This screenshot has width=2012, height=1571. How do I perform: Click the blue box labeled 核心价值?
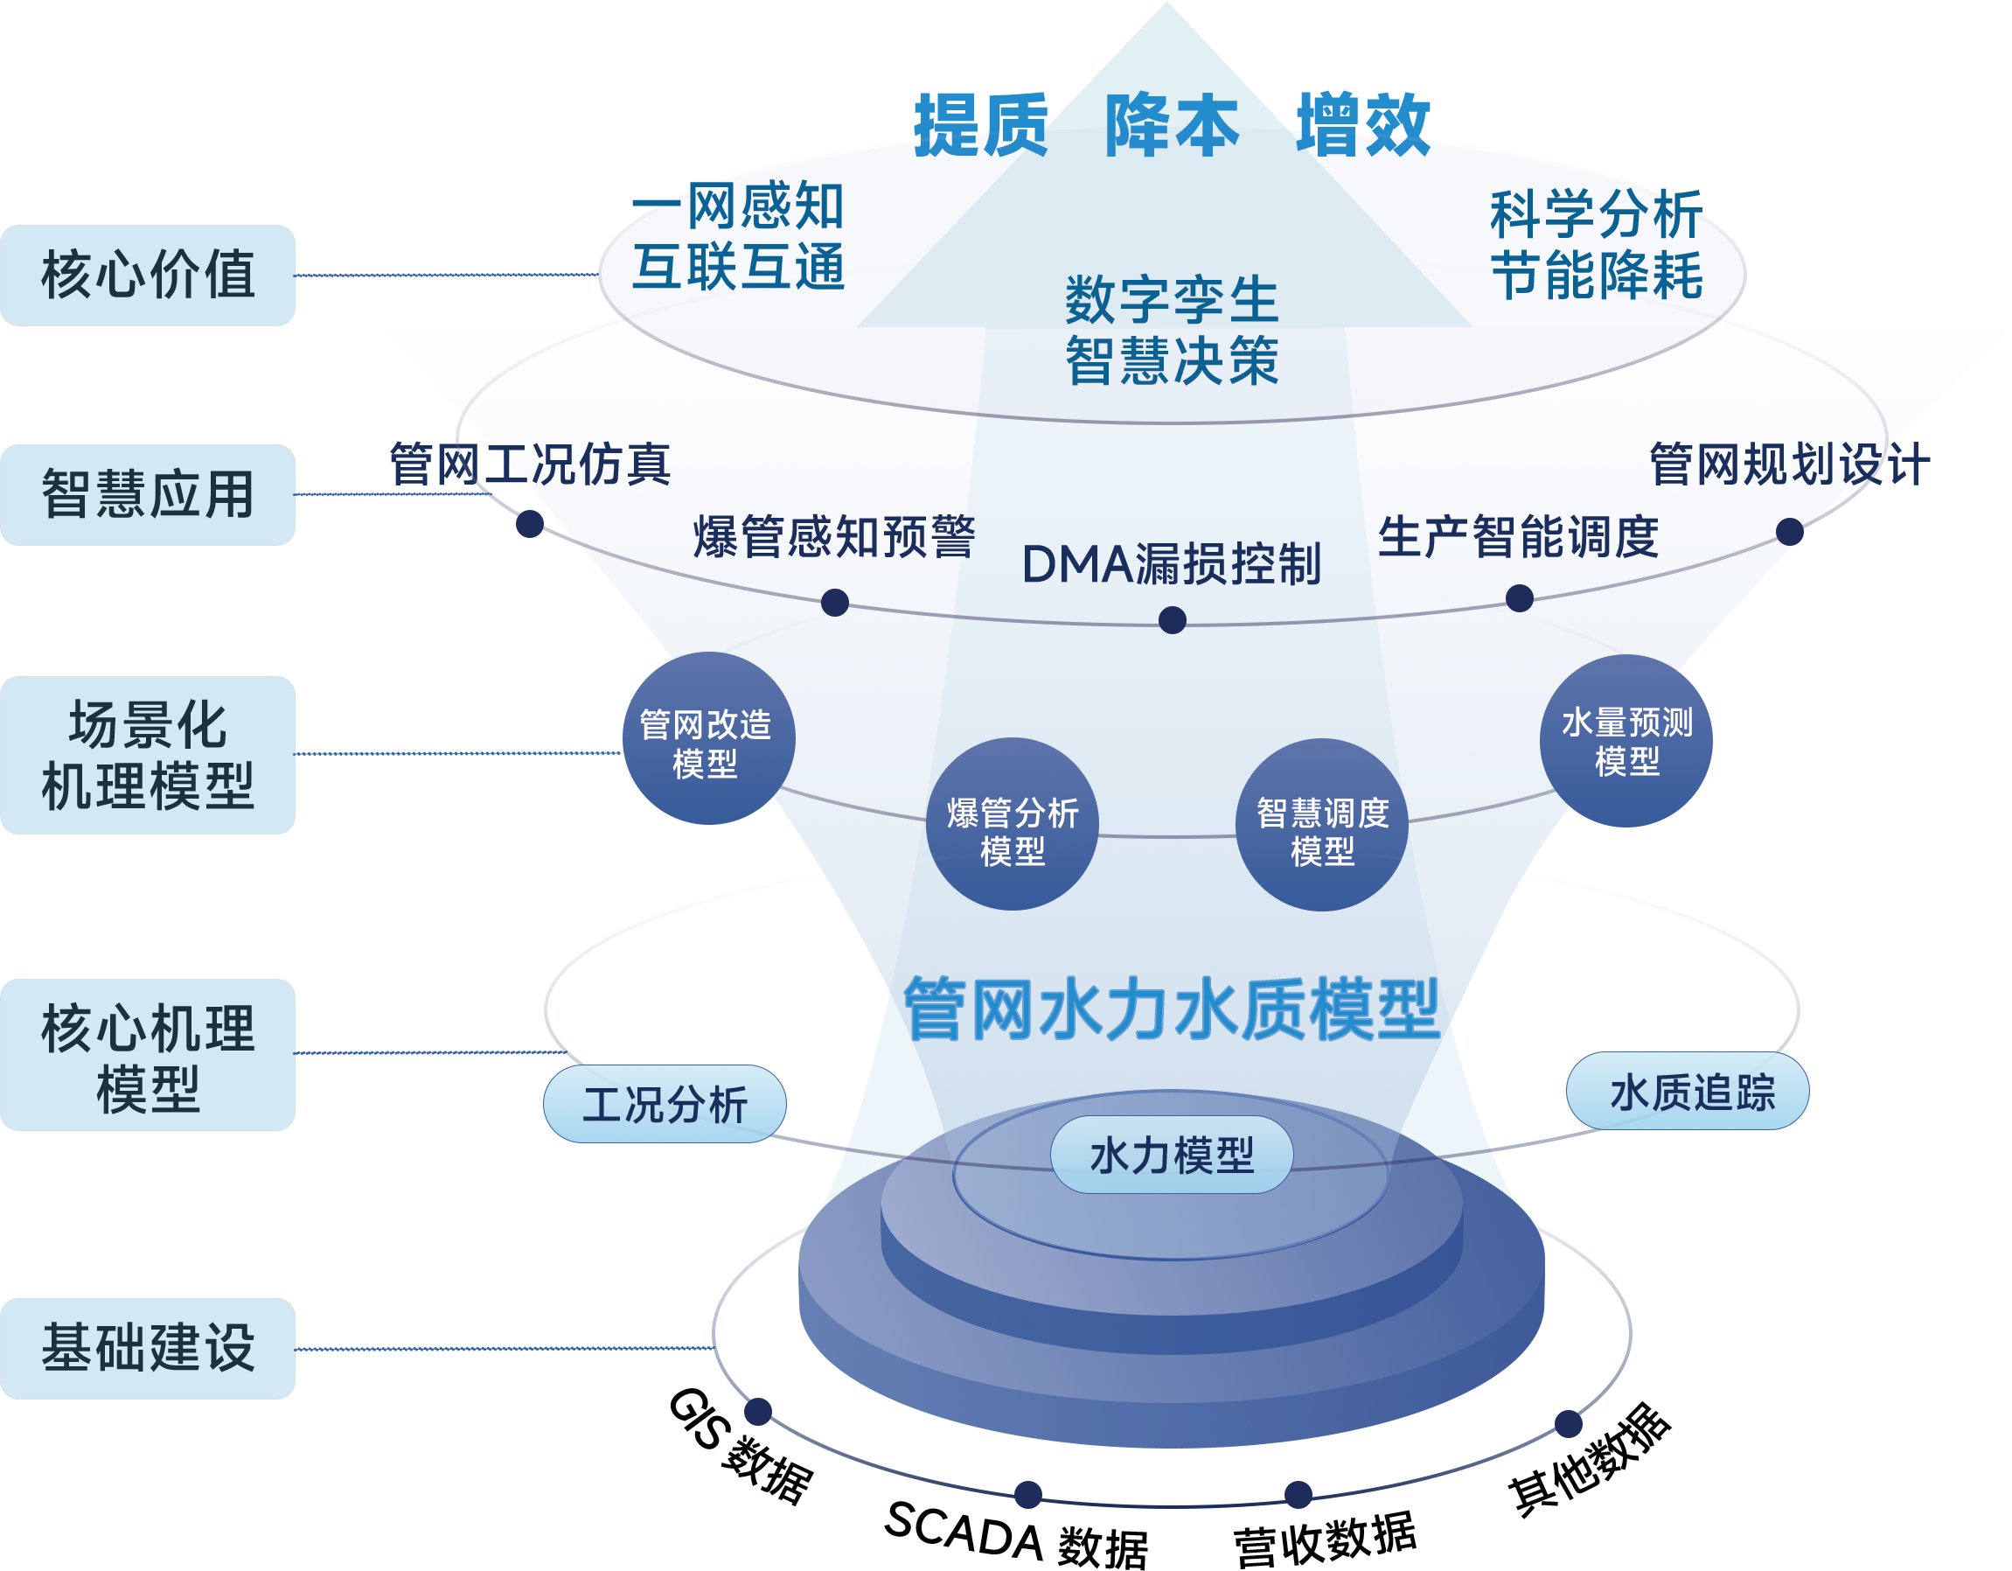148,275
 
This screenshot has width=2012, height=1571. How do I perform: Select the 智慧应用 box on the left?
148,495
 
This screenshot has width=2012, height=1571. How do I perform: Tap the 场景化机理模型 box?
148,755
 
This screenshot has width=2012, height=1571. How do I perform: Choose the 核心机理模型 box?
148,1055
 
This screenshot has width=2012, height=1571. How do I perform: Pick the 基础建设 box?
148,1348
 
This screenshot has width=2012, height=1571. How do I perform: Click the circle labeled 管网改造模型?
707,739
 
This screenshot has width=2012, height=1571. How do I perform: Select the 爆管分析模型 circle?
1012,825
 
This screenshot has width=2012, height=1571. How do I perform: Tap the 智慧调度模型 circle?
1321,825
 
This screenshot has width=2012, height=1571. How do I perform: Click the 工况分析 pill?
665,1104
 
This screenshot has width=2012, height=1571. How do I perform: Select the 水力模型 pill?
1171,1155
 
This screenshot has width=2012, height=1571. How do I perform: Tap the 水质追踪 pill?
1688,1092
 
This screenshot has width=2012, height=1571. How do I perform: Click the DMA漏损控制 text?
1171,564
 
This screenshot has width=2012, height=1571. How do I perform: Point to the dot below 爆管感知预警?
835,603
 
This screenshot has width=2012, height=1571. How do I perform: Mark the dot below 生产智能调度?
1519,599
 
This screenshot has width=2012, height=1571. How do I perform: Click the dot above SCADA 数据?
1028,1494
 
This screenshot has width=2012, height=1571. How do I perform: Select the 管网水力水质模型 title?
1171,1009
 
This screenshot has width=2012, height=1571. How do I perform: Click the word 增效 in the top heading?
1363,124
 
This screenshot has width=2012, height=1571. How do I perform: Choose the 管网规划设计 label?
1789,464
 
